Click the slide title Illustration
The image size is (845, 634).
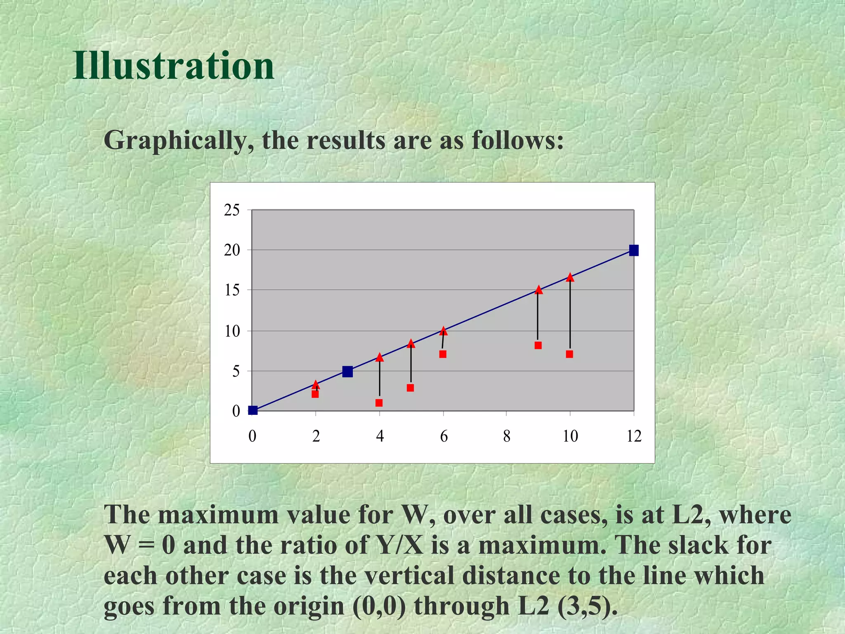tap(173, 66)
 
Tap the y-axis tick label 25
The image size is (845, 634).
tap(231, 210)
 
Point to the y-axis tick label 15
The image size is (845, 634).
tap(231, 290)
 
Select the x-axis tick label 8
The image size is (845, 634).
tap(507, 436)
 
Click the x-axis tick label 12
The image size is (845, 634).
tap(634, 436)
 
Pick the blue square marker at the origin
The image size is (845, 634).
tap(253, 410)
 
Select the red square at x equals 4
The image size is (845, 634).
tap(379, 403)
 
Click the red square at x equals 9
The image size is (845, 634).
tap(538, 345)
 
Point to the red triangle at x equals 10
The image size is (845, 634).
tap(570, 277)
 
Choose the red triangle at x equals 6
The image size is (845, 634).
tap(444, 331)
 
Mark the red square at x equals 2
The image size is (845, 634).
tap(315, 394)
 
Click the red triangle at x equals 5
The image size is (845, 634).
tap(411, 343)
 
